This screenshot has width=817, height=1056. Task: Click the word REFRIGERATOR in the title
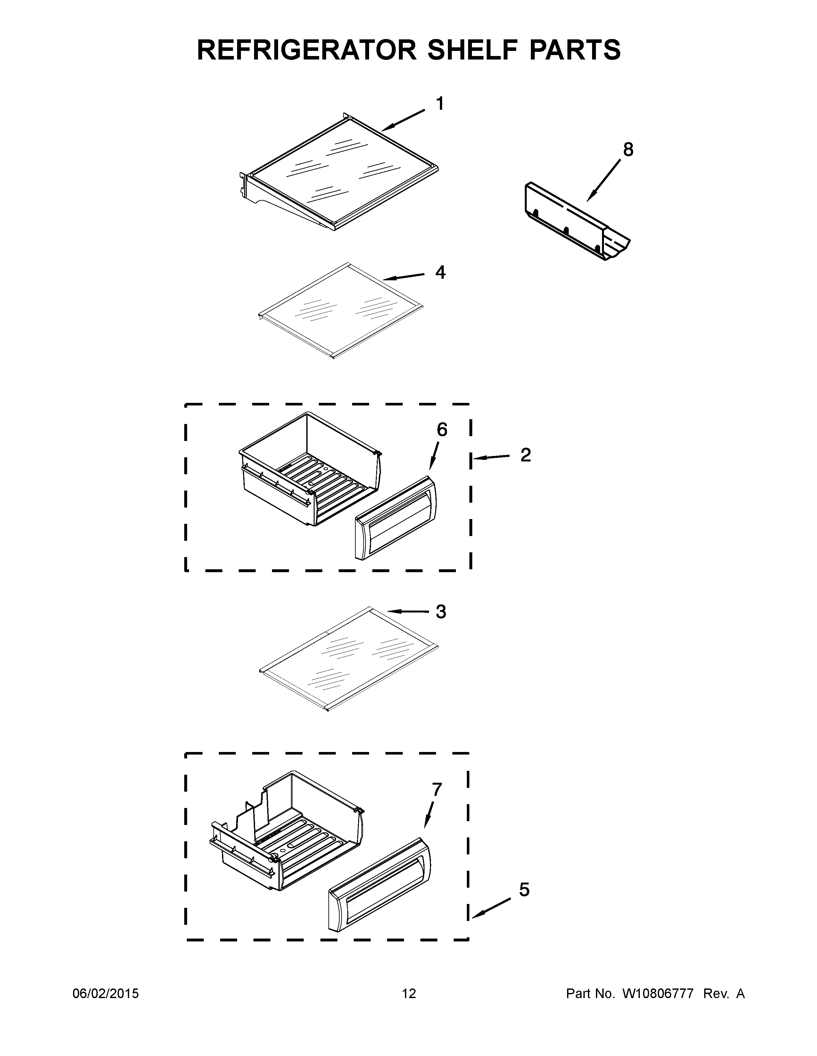coord(307,50)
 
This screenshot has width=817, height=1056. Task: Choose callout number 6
coord(442,429)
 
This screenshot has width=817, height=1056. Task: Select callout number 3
coord(441,612)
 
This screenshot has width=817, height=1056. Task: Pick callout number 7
coord(437,789)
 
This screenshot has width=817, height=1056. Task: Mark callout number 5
coord(524,890)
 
